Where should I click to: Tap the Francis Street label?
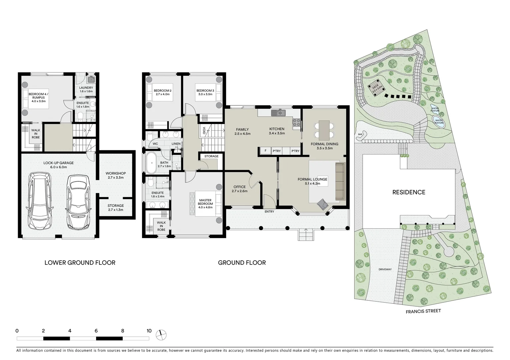(423, 311)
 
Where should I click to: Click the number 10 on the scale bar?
(149, 331)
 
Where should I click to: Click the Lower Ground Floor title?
(80, 263)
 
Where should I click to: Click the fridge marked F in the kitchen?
(266, 151)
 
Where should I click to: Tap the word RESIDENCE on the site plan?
(409, 192)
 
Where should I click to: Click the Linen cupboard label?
(176, 144)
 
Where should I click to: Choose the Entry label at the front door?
(269, 212)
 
